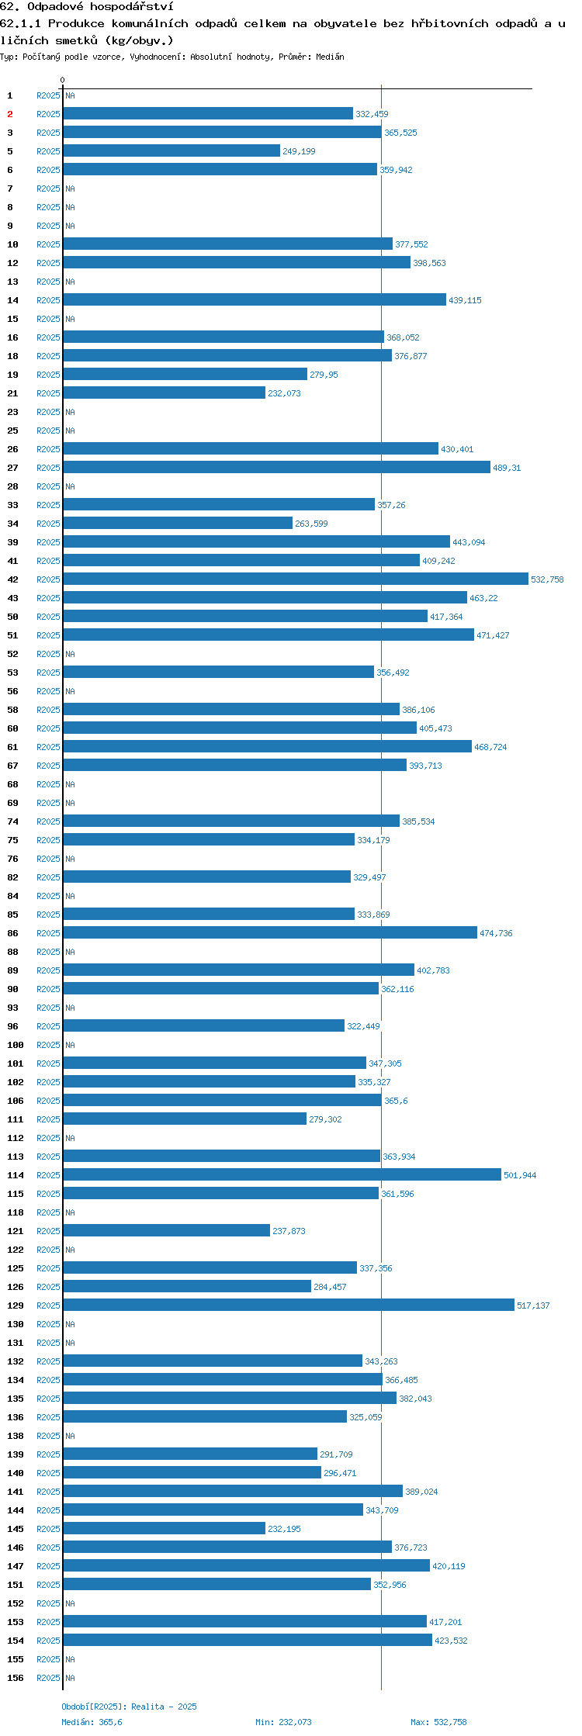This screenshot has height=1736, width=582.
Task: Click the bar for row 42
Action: point(296,579)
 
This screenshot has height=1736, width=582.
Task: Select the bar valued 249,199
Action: point(171,150)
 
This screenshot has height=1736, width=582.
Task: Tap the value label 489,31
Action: point(507,468)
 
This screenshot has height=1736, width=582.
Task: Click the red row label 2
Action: point(10,114)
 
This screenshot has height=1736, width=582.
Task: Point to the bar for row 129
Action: point(289,1305)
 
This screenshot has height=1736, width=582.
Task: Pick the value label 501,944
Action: point(520,1175)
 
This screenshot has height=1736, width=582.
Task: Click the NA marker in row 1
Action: point(70,95)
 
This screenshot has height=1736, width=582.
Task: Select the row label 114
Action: point(16,1175)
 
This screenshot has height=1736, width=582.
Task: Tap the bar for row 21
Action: point(165,393)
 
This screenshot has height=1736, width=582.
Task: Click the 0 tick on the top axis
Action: point(62,80)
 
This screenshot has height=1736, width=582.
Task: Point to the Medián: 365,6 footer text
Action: point(92,1721)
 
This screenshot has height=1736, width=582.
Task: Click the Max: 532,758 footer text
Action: point(438,1721)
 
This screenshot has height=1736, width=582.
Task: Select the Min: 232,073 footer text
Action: point(283,1721)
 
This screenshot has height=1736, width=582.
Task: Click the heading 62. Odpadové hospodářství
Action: point(86,6)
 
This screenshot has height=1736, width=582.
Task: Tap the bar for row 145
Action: point(165,1528)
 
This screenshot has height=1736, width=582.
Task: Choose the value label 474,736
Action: point(496,933)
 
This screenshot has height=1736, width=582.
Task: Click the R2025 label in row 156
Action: point(48,1678)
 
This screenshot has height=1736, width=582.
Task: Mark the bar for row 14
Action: point(255,299)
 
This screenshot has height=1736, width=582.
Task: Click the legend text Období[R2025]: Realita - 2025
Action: point(129,1706)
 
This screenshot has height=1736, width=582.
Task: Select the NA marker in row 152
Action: point(70,1603)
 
